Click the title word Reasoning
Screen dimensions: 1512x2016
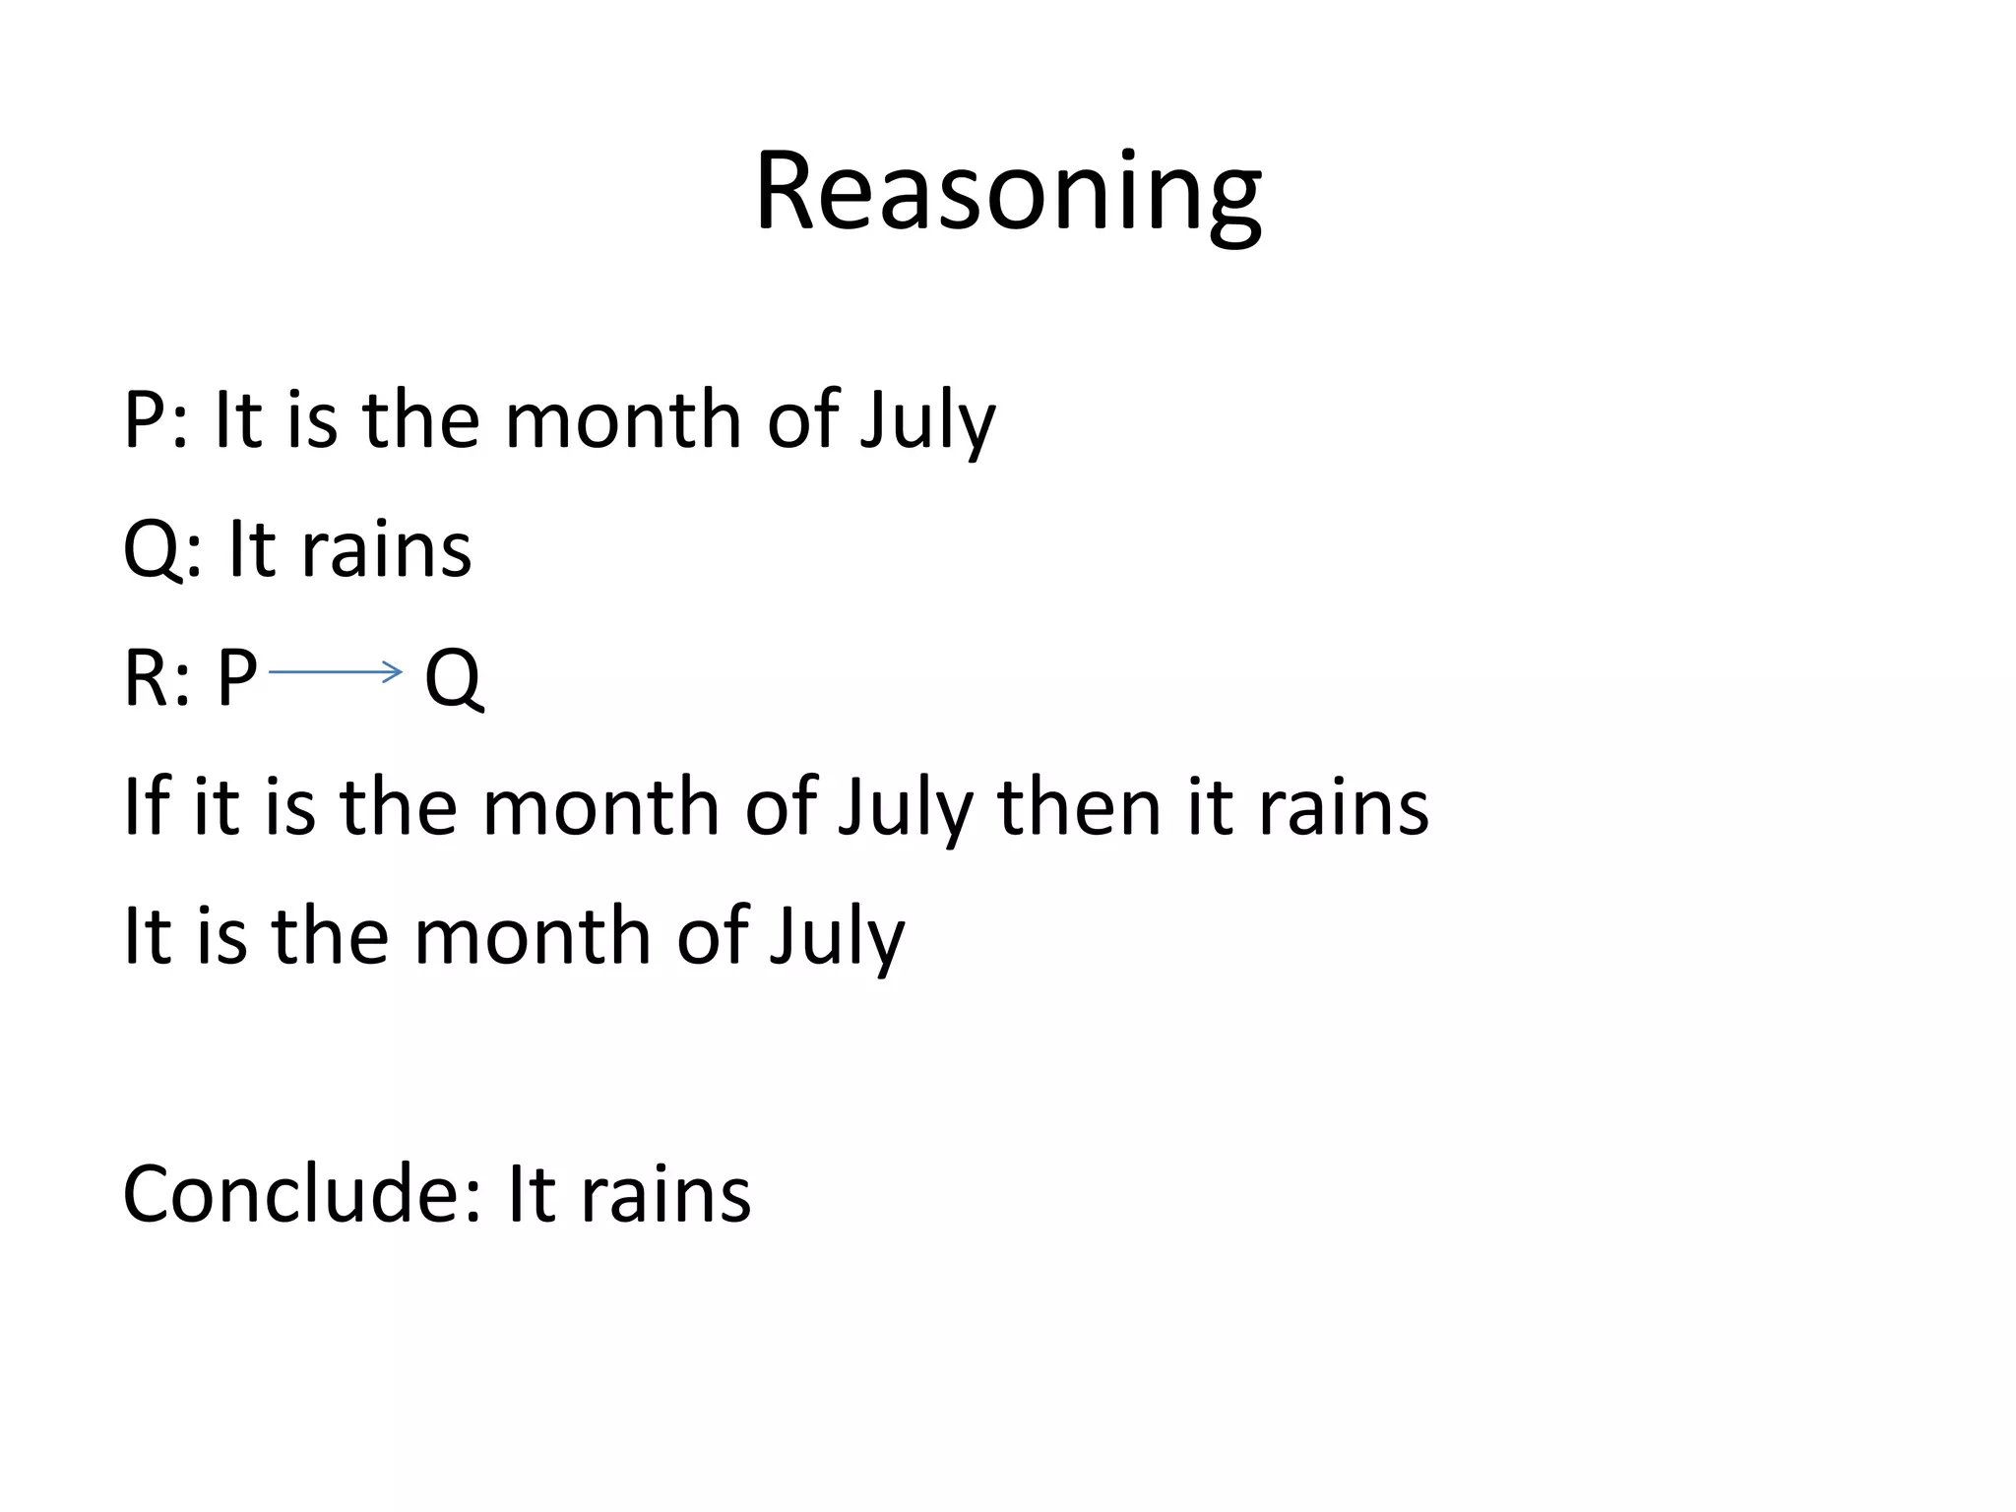point(1007,193)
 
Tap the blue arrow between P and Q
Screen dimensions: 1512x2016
point(335,673)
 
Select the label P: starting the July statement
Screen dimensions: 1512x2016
point(156,420)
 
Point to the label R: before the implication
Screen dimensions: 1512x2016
point(156,678)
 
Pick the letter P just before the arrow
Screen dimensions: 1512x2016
point(237,678)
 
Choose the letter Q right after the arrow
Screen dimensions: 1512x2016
point(453,678)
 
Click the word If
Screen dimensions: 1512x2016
point(146,807)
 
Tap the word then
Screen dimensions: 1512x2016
point(1079,807)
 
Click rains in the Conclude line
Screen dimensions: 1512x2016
point(665,1194)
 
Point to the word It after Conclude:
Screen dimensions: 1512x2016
point(531,1194)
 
